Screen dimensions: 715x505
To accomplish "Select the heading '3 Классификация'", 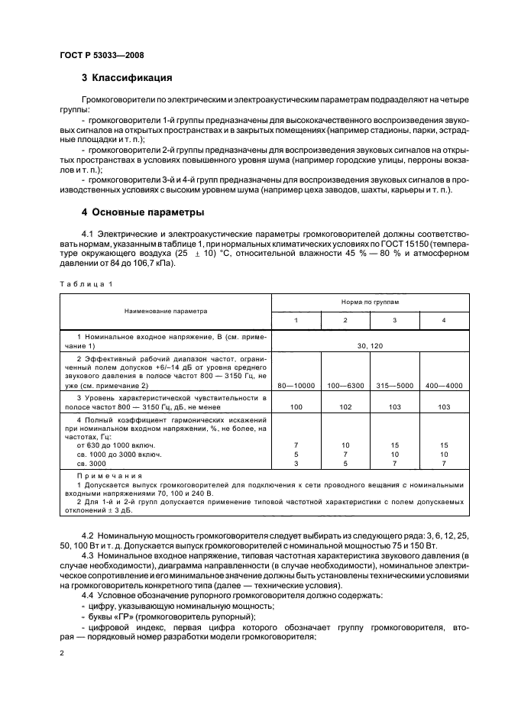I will pyautogui.click(x=126, y=78).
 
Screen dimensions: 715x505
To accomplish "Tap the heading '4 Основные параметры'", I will pyautogui.click(x=143, y=211).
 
